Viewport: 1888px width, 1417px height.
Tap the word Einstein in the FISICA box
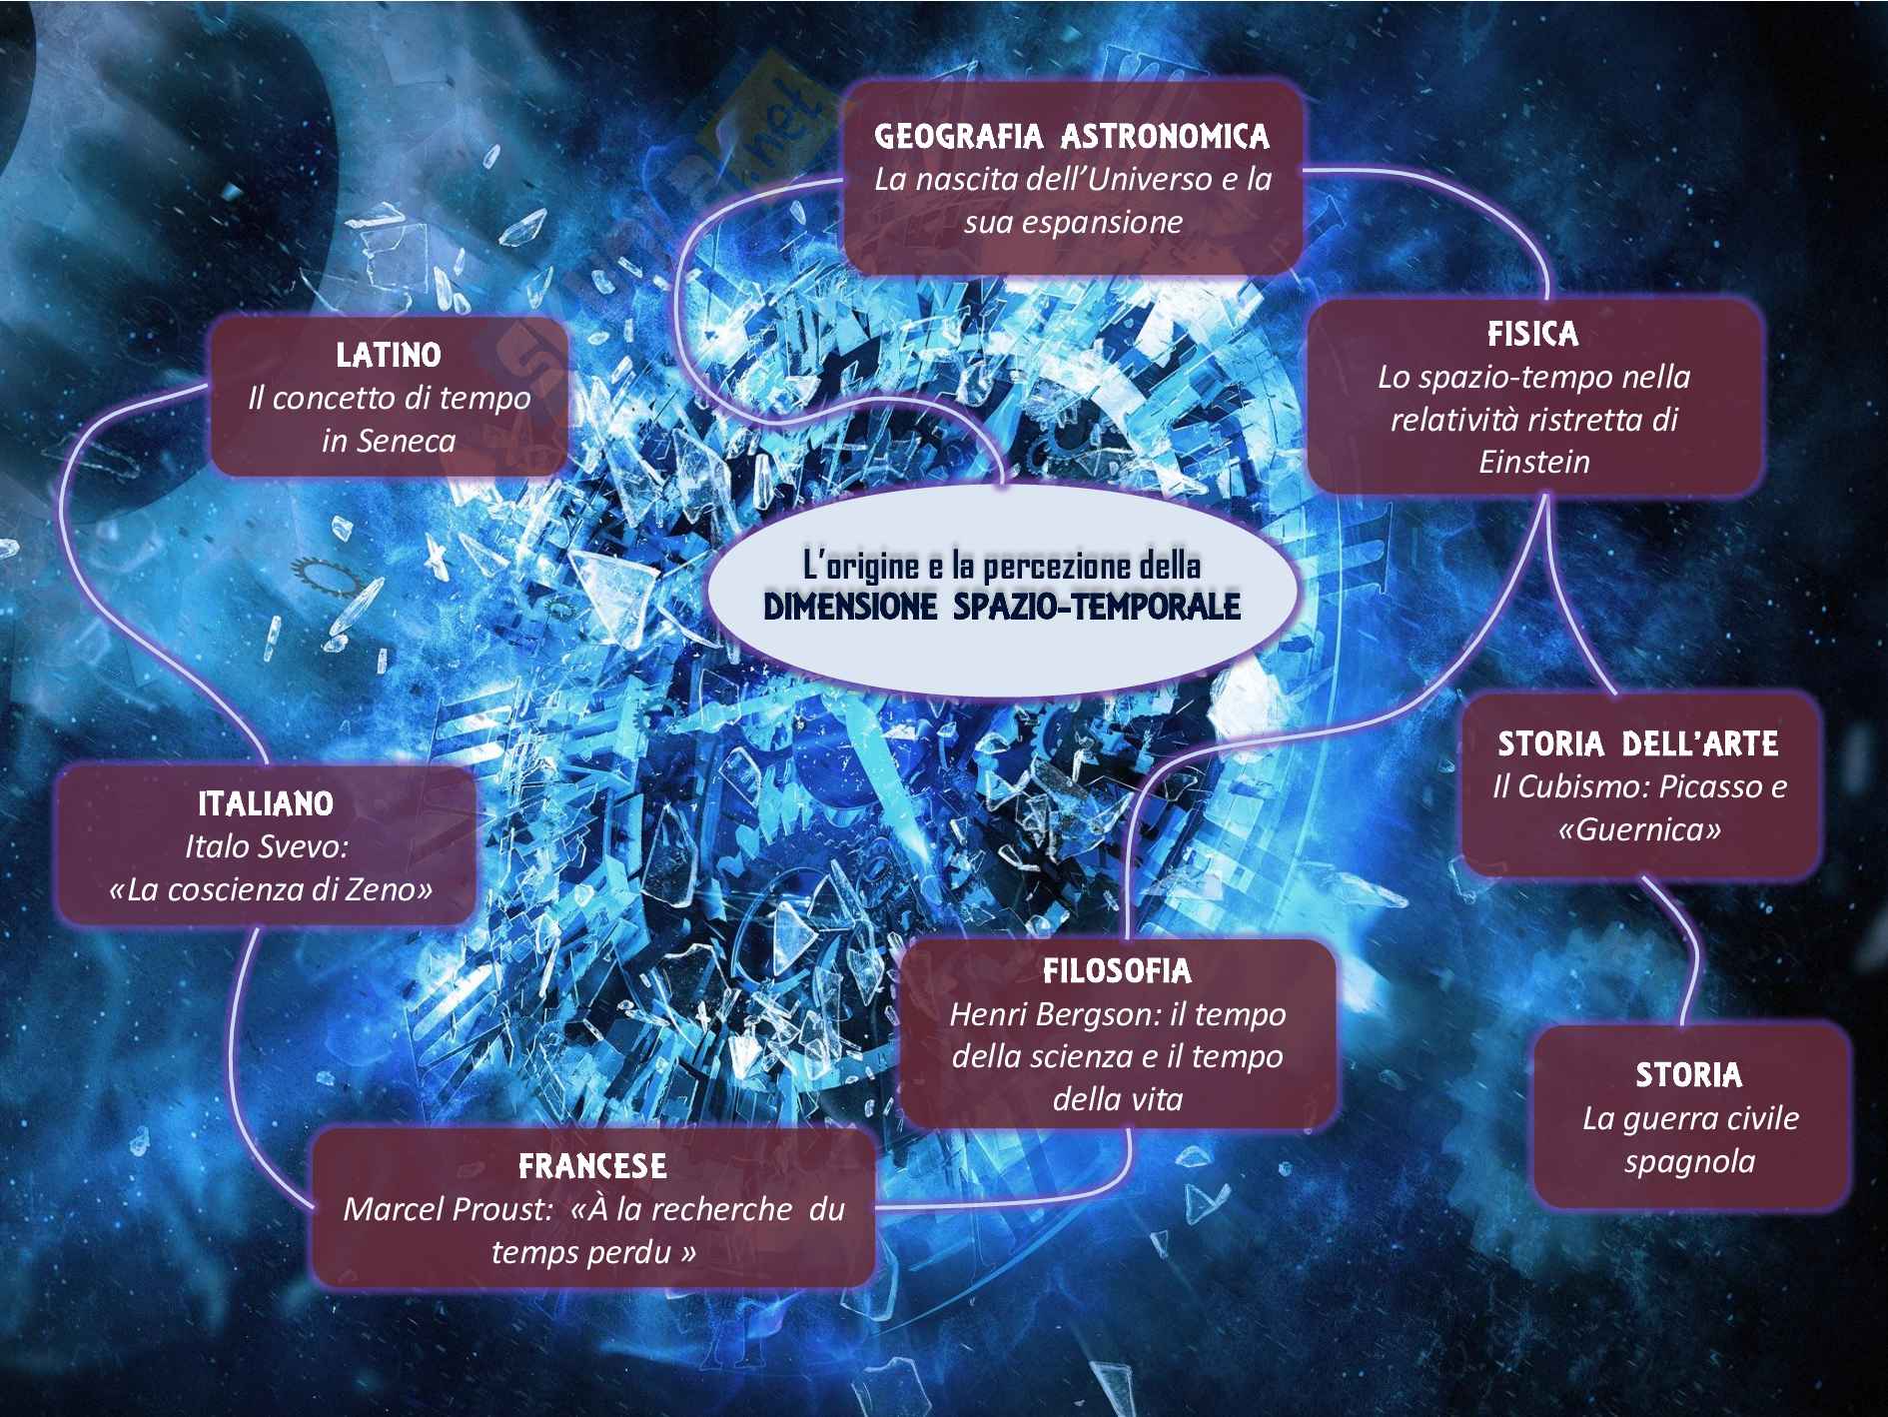(x=1533, y=462)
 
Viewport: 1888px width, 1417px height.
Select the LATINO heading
(x=389, y=354)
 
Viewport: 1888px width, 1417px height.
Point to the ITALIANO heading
(x=266, y=803)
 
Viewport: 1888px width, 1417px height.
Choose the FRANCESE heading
(x=592, y=1165)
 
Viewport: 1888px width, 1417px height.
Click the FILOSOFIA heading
(x=1117, y=970)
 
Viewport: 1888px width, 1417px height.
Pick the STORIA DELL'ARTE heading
(x=1638, y=743)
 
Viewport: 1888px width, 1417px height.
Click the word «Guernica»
(x=1639, y=829)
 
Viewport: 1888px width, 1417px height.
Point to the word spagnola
(x=1689, y=1161)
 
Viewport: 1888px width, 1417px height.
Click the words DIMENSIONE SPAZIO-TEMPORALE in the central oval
(x=1002, y=607)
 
